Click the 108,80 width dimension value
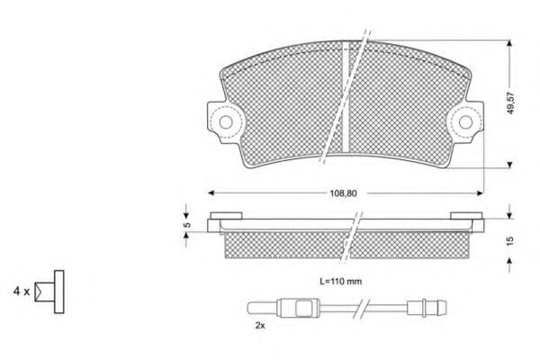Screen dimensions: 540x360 (x=344, y=193)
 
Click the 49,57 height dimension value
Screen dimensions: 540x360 (x=511, y=103)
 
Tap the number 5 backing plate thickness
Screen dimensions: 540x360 (x=186, y=225)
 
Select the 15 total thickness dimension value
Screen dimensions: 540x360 (x=510, y=240)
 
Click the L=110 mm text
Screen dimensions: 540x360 (x=340, y=282)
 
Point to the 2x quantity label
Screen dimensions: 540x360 (x=260, y=325)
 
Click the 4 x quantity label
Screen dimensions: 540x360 (x=22, y=292)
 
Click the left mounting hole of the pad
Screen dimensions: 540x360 (x=226, y=122)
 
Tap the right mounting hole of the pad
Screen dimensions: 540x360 (x=465, y=122)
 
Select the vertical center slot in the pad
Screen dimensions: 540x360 (x=346, y=96)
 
